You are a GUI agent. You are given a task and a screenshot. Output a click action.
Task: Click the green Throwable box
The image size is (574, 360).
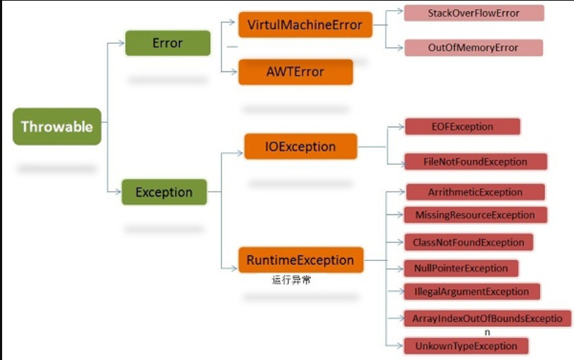[57, 127]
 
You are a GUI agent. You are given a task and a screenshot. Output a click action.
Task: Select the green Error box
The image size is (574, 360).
[168, 43]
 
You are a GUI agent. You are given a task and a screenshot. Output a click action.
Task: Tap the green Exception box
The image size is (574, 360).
[164, 192]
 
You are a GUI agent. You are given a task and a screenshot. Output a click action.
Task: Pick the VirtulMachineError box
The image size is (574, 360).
[305, 25]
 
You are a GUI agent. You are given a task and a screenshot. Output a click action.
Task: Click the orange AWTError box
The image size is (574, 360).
[296, 72]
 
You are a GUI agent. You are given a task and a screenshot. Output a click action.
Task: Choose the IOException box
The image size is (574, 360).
[301, 146]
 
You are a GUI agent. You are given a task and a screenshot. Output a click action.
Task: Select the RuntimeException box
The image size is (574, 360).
[301, 260]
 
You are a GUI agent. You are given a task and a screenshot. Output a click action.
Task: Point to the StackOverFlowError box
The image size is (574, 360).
[474, 13]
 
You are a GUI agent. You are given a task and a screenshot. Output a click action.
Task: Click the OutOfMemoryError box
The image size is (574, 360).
[473, 47]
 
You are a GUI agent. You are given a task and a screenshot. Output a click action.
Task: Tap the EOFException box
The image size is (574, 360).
[463, 127]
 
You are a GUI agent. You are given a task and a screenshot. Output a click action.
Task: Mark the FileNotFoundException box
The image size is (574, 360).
[476, 162]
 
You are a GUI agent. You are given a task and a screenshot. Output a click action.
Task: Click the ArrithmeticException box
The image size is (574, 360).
[476, 192]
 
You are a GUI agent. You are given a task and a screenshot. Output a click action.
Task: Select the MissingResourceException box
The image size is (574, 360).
[476, 215]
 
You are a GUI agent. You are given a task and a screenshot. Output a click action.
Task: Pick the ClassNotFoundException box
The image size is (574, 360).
[469, 242]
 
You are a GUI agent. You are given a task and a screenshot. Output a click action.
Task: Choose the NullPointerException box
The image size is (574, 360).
[461, 269]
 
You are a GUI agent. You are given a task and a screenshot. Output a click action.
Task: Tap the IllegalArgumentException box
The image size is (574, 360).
[472, 291]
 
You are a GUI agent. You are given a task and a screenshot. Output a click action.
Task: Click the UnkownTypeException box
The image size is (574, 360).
[466, 346]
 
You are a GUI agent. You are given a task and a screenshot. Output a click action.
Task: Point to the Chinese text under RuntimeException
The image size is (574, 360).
[292, 280]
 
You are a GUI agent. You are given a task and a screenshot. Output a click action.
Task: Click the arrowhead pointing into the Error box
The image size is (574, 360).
[121, 43]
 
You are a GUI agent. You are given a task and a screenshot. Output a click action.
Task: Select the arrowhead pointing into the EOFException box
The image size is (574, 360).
[401, 127]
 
